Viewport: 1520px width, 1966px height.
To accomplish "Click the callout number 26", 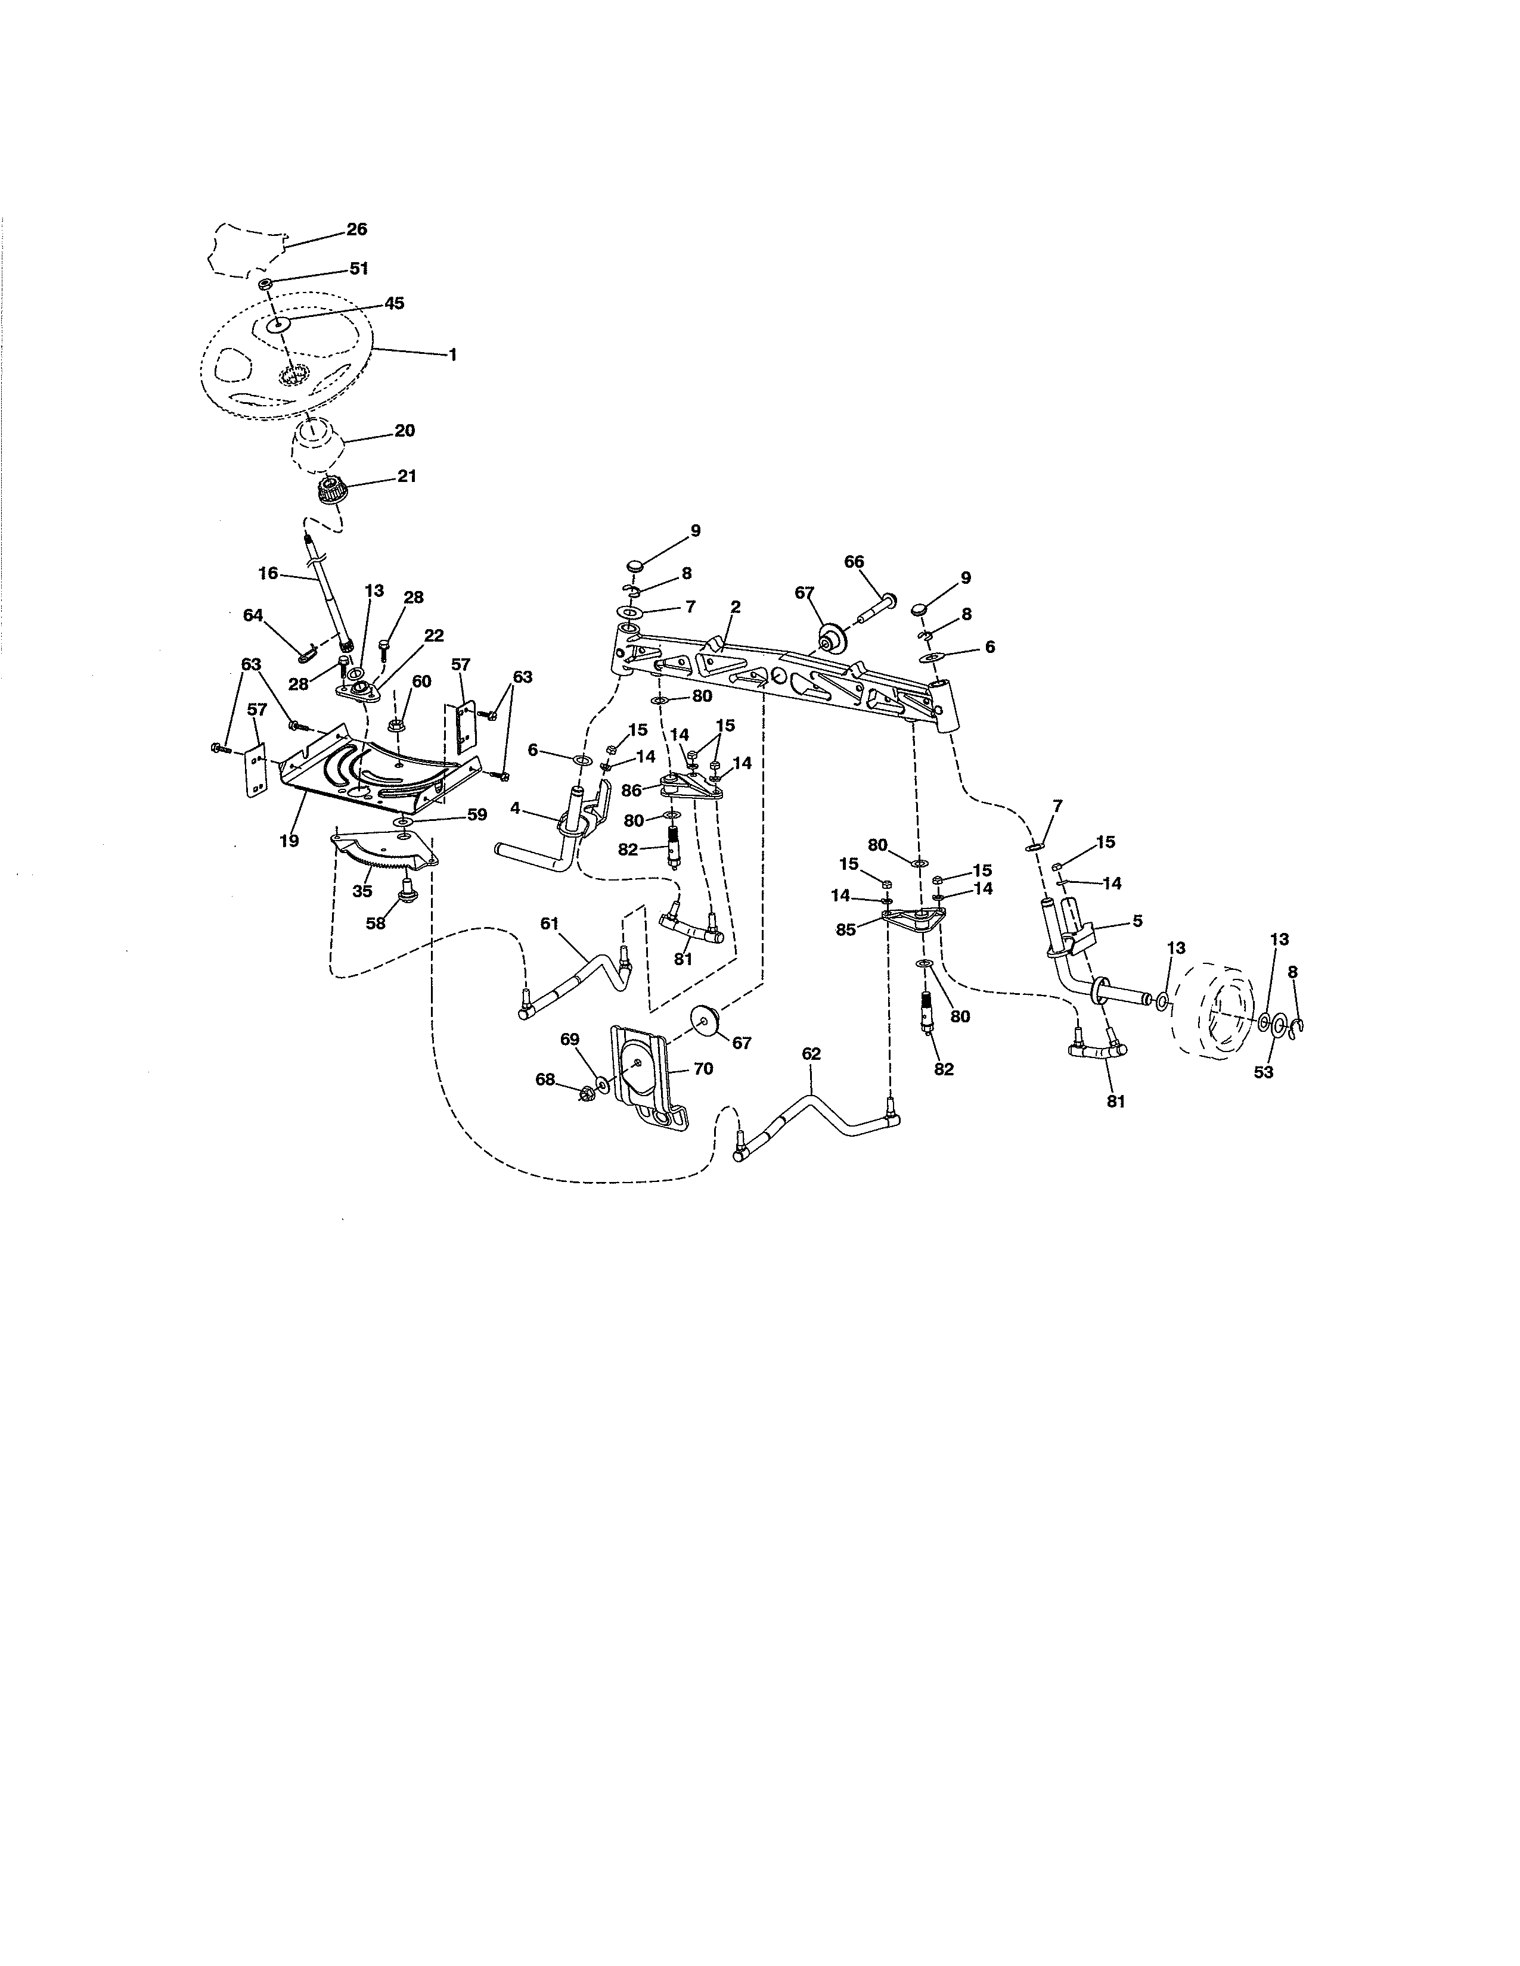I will pyautogui.click(x=356, y=229).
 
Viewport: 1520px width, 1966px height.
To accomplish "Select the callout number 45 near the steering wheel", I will pyautogui.click(x=395, y=303).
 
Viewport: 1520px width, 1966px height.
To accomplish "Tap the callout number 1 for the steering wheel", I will pyautogui.click(x=453, y=356).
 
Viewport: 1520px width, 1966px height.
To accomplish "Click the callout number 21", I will pyautogui.click(x=407, y=476).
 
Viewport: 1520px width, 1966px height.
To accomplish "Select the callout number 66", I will pyautogui.click(x=854, y=562).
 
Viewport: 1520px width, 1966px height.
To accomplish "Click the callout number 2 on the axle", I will pyautogui.click(x=736, y=608).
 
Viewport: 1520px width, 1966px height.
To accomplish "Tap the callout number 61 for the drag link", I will pyautogui.click(x=550, y=923).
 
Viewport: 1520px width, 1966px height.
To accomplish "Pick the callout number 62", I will pyautogui.click(x=811, y=1053).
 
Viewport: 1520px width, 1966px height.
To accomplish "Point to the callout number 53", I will pyautogui.click(x=1263, y=1072).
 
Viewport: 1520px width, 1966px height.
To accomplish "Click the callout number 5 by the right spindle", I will pyautogui.click(x=1137, y=921).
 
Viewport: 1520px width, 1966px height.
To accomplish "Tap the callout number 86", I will pyautogui.click(x=631, y=791).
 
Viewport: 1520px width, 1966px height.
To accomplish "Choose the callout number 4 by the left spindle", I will pyautogui.click(x=515, y=808).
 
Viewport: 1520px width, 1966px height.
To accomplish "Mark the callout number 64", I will pyautogui.click(x=253, y=615).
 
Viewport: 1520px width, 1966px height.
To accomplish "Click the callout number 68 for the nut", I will pyautogui.click(x=545, y=1080).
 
